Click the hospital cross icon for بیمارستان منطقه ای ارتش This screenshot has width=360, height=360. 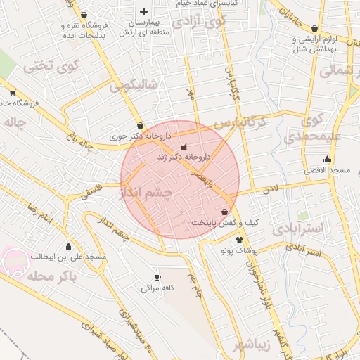[x=144, y=11]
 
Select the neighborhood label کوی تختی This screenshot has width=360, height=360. [x=49, y=67]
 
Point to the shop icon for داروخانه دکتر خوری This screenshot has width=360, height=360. [x=141, y=124]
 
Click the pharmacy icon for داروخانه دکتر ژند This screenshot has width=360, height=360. [x=185, y=147]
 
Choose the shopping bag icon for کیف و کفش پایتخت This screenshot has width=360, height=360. [x=224, y=212]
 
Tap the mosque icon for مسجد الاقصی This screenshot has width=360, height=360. [x=326, y=160]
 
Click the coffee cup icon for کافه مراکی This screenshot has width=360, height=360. [x=157, y=277]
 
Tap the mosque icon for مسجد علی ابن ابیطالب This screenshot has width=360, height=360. [x=68, y=246]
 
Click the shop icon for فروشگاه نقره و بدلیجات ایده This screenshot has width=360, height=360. [x=84, y=15]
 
